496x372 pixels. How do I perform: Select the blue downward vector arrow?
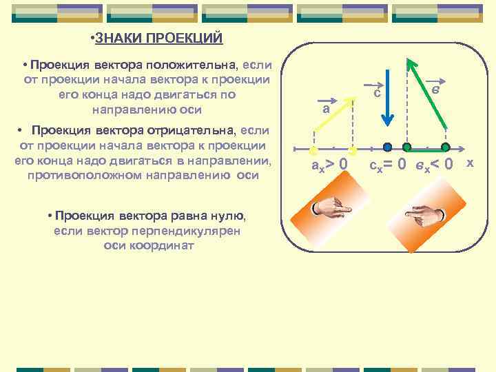tap(389, 96)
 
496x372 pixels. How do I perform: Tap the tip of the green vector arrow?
tap(409, 61)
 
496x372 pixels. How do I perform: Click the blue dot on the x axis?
tap(388, 147)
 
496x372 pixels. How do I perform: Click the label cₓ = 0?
tap(388, 165)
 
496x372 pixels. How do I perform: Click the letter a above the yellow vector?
tap(326, 109)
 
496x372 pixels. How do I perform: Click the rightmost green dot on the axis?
tap(446, 147)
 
